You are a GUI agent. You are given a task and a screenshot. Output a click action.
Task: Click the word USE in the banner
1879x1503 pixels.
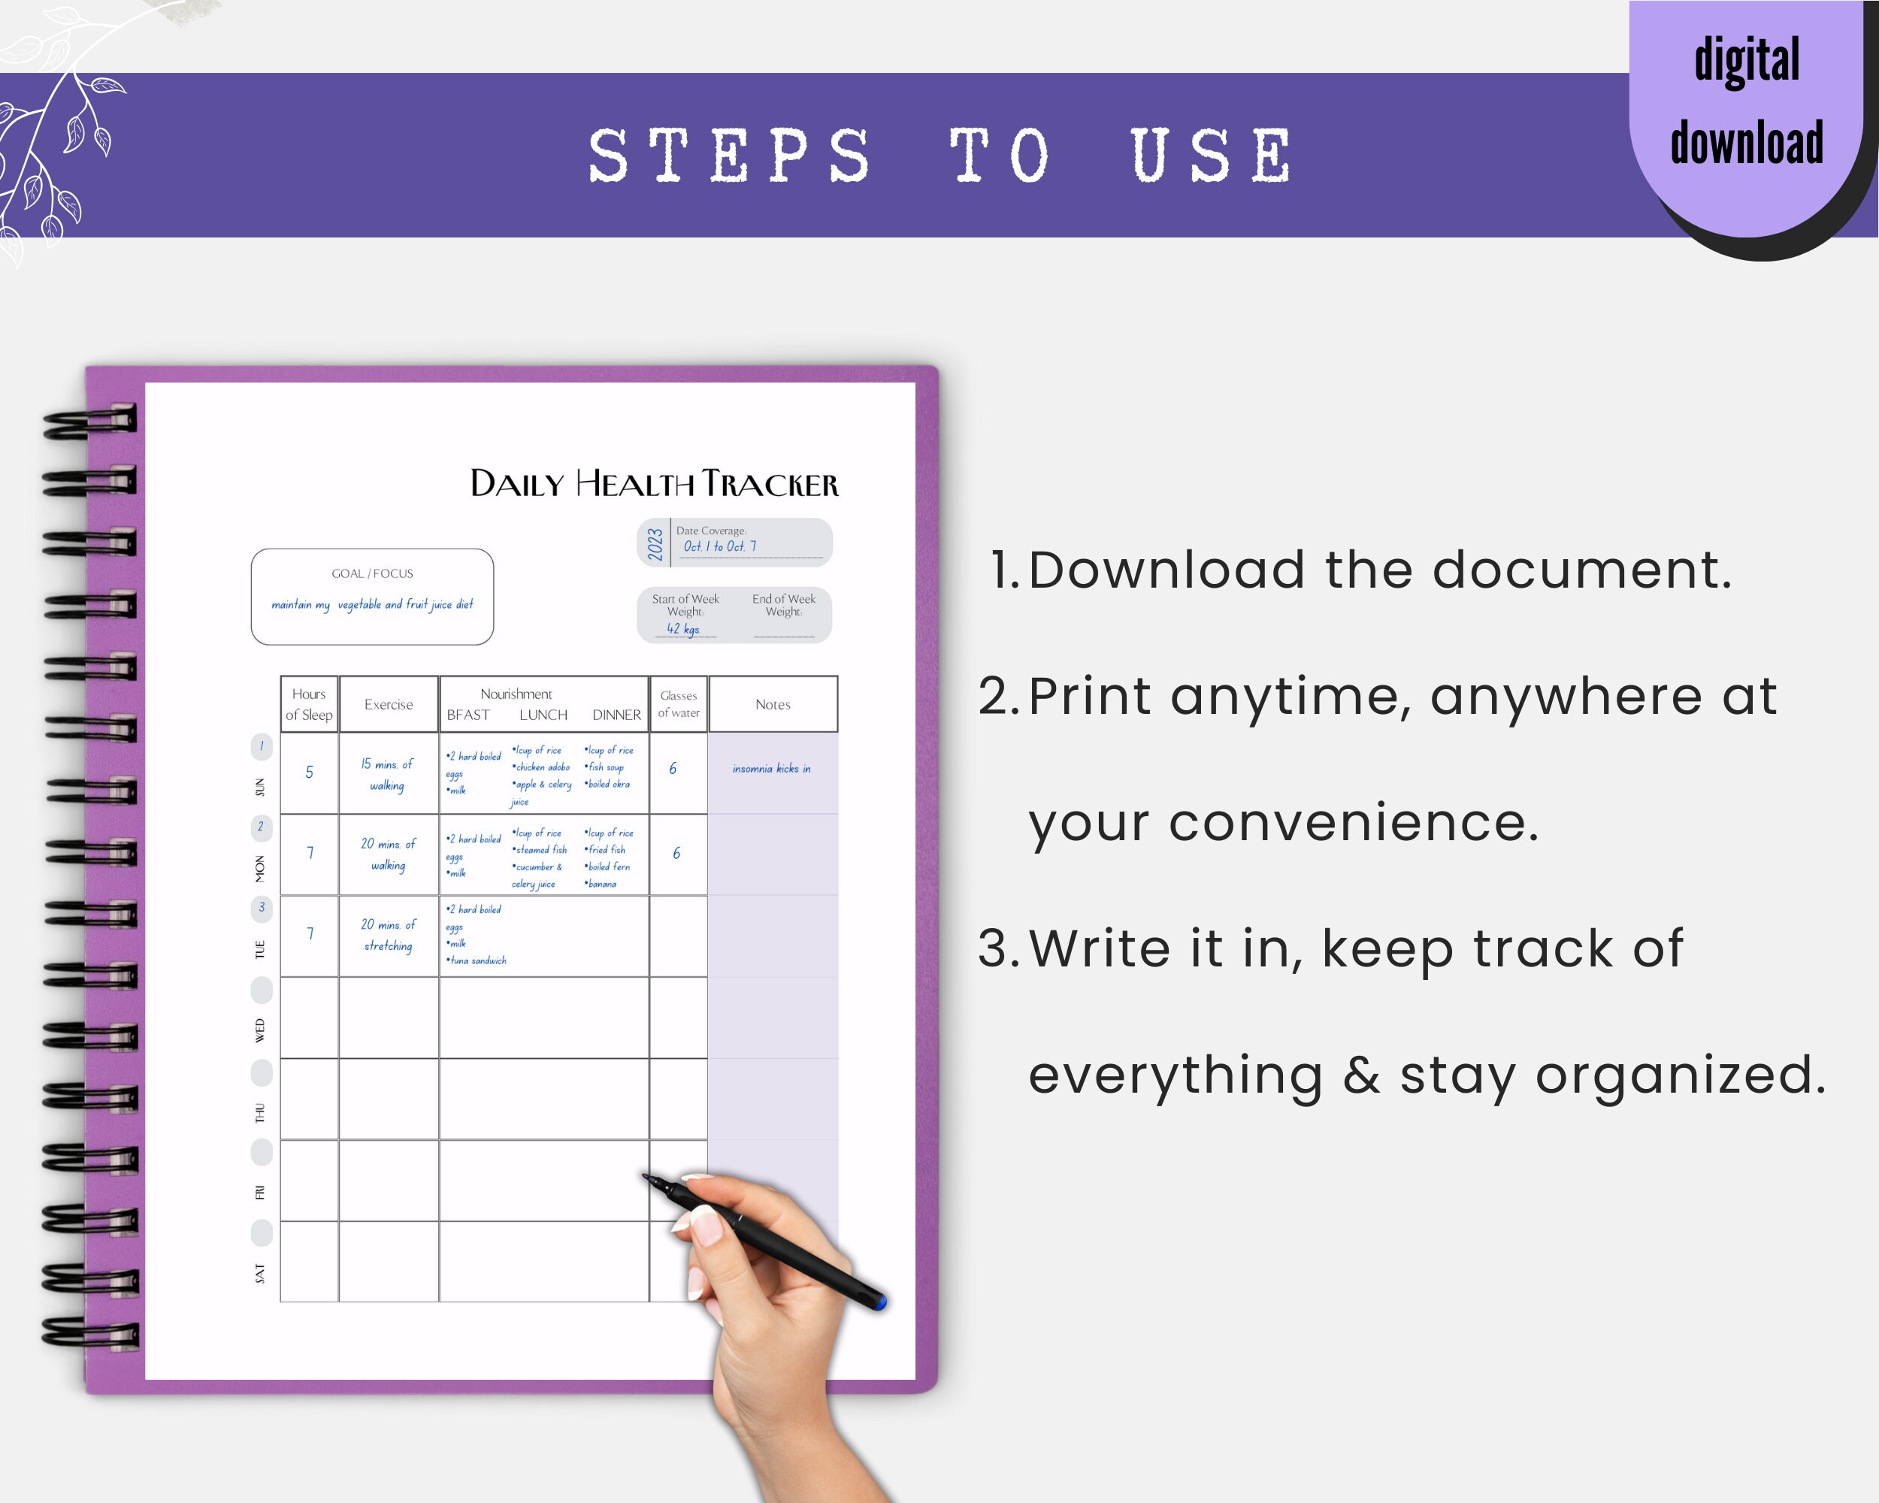point(1212,156)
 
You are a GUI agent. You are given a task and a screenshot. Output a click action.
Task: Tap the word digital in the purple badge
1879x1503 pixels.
point(1747,61)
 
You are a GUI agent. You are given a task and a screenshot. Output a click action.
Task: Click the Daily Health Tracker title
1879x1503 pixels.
point(654,483)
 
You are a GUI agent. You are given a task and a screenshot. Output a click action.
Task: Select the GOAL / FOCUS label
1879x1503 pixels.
point(372,573)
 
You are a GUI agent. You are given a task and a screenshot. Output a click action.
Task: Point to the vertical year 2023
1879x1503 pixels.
point(655,543)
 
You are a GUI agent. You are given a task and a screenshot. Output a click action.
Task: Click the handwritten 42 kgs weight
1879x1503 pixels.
point(683,628)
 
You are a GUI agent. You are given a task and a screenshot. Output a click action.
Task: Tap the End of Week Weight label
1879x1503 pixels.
point(783,605)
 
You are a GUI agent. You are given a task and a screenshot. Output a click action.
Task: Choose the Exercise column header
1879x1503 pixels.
point(389,704)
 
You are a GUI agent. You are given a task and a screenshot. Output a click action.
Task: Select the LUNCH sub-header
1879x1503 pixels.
point(543,715)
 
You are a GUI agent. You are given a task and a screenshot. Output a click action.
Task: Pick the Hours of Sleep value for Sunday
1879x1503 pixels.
point(310,772)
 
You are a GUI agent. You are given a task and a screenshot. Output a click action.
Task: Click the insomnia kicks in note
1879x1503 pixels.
point(771,769)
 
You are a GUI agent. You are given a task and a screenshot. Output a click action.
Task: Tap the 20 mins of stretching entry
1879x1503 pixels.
point(389,935)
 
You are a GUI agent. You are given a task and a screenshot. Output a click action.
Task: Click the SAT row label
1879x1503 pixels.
point(260,1273)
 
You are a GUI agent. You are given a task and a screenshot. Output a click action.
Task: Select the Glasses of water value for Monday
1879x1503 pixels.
point(676,853)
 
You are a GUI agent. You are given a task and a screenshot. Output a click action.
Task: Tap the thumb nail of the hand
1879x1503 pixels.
point(707,1226)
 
